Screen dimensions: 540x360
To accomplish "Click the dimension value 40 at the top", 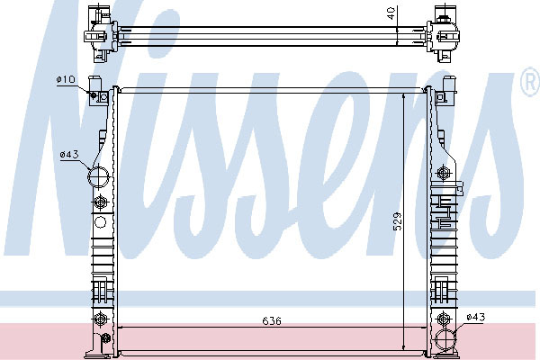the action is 391,13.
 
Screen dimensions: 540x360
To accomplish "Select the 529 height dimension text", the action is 397,221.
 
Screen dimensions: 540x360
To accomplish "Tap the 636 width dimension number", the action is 272,321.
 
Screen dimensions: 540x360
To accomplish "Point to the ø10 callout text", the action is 66,80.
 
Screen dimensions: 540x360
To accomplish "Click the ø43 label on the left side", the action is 69,155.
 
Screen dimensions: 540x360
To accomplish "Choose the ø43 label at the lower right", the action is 475,317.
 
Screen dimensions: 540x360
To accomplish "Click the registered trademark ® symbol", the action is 531,82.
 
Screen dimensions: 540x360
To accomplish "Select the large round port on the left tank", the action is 98,176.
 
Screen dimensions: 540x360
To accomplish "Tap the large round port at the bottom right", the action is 446,339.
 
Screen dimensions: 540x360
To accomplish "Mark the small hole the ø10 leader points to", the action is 94,94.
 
